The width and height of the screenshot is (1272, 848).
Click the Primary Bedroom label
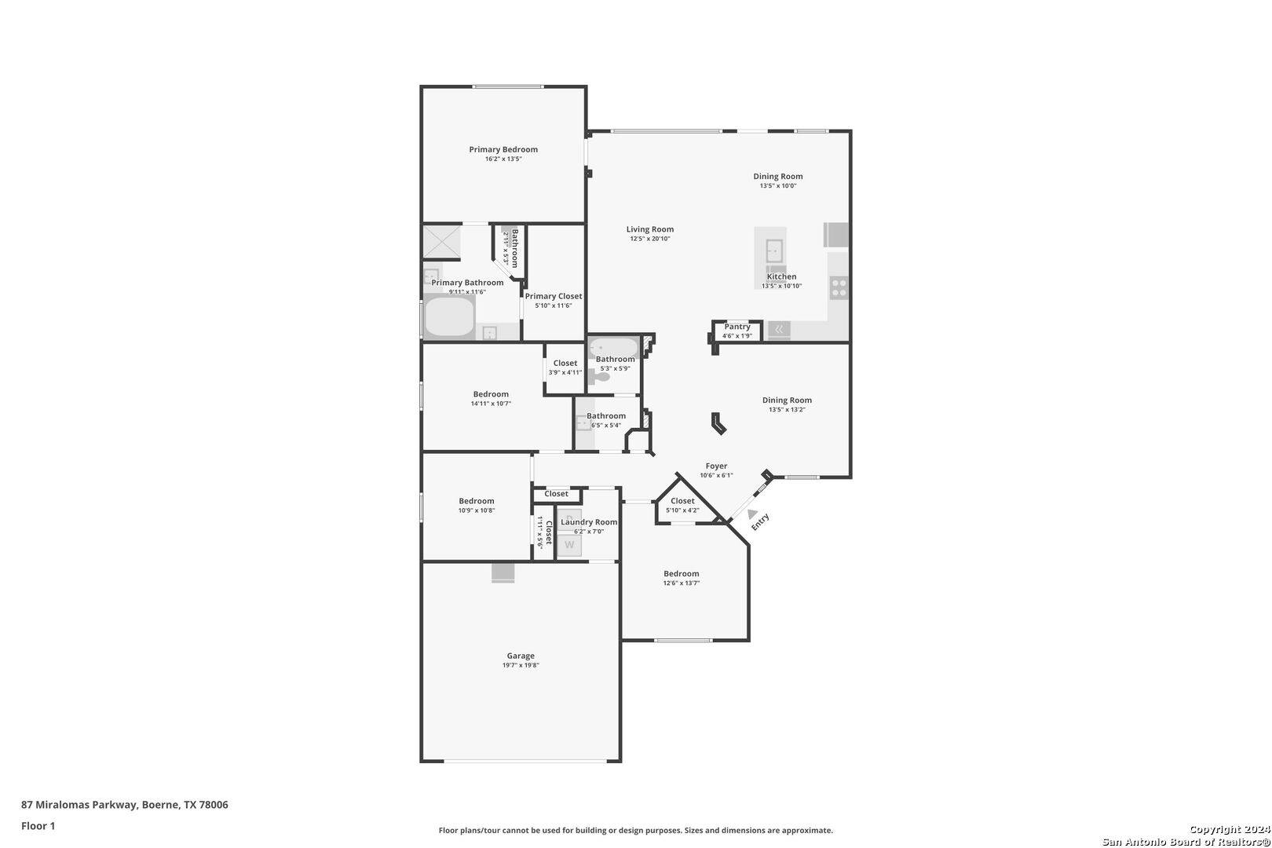click(503, 149)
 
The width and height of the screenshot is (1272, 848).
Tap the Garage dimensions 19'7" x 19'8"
click(521, 666)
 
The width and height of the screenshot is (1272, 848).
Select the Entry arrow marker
click(752, 514)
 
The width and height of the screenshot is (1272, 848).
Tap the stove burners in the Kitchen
click(839, 288)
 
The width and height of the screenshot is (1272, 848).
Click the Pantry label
click(737, 327)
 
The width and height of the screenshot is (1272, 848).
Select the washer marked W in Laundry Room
click(570, 545)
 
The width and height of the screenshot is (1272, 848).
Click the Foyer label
click(716, 466)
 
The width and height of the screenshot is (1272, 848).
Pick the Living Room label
click(650, 229)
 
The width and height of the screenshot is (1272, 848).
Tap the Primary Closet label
click(554, 296)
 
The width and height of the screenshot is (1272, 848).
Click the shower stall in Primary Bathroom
click(441, 242)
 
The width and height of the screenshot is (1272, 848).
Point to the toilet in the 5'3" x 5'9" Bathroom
click(600, 378)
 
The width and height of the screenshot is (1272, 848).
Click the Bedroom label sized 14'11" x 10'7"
click(491, 394)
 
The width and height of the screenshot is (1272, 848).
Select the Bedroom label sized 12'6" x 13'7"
click(681, 573)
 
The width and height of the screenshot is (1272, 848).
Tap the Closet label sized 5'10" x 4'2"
click(682, 501)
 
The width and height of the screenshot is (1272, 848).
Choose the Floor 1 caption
click(38, 826)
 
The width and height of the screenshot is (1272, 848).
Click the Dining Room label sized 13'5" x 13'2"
click(787, 400)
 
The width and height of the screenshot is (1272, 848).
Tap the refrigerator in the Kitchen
click(836, 235)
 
